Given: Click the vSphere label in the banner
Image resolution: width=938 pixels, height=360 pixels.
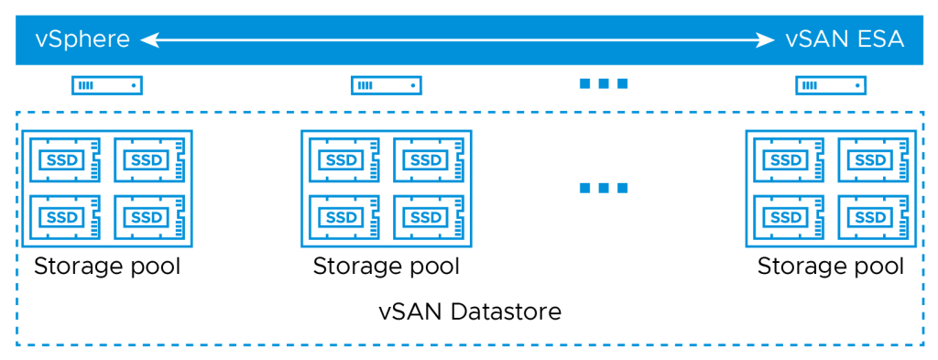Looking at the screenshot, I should click(x=82, y=39).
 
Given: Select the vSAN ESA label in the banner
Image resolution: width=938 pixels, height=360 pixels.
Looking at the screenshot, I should click(x=845, y=39).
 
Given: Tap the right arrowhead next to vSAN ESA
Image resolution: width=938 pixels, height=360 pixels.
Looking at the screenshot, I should click(x=765, y=39).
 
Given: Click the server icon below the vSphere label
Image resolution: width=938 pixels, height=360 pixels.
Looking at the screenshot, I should click(x=107, y=86).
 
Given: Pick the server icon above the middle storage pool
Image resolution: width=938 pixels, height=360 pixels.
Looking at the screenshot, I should click(x=387, y=86).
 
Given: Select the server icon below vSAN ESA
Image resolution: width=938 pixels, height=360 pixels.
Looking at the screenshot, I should click(x=831, y=86).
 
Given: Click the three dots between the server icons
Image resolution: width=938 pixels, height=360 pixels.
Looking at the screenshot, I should click(x=604, y=84).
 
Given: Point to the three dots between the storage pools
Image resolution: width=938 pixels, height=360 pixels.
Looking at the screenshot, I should click(x=604, y=189).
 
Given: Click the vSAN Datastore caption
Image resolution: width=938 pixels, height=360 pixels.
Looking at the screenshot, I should click(x=470, y=311).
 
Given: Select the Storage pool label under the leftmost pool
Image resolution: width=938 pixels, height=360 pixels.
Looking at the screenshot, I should click(x=107, y=267).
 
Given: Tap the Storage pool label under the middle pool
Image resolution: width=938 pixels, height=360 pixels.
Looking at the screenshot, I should click(x=387, y=267).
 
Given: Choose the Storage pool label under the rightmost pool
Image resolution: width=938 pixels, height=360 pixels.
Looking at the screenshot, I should click(x=831, y=267).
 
